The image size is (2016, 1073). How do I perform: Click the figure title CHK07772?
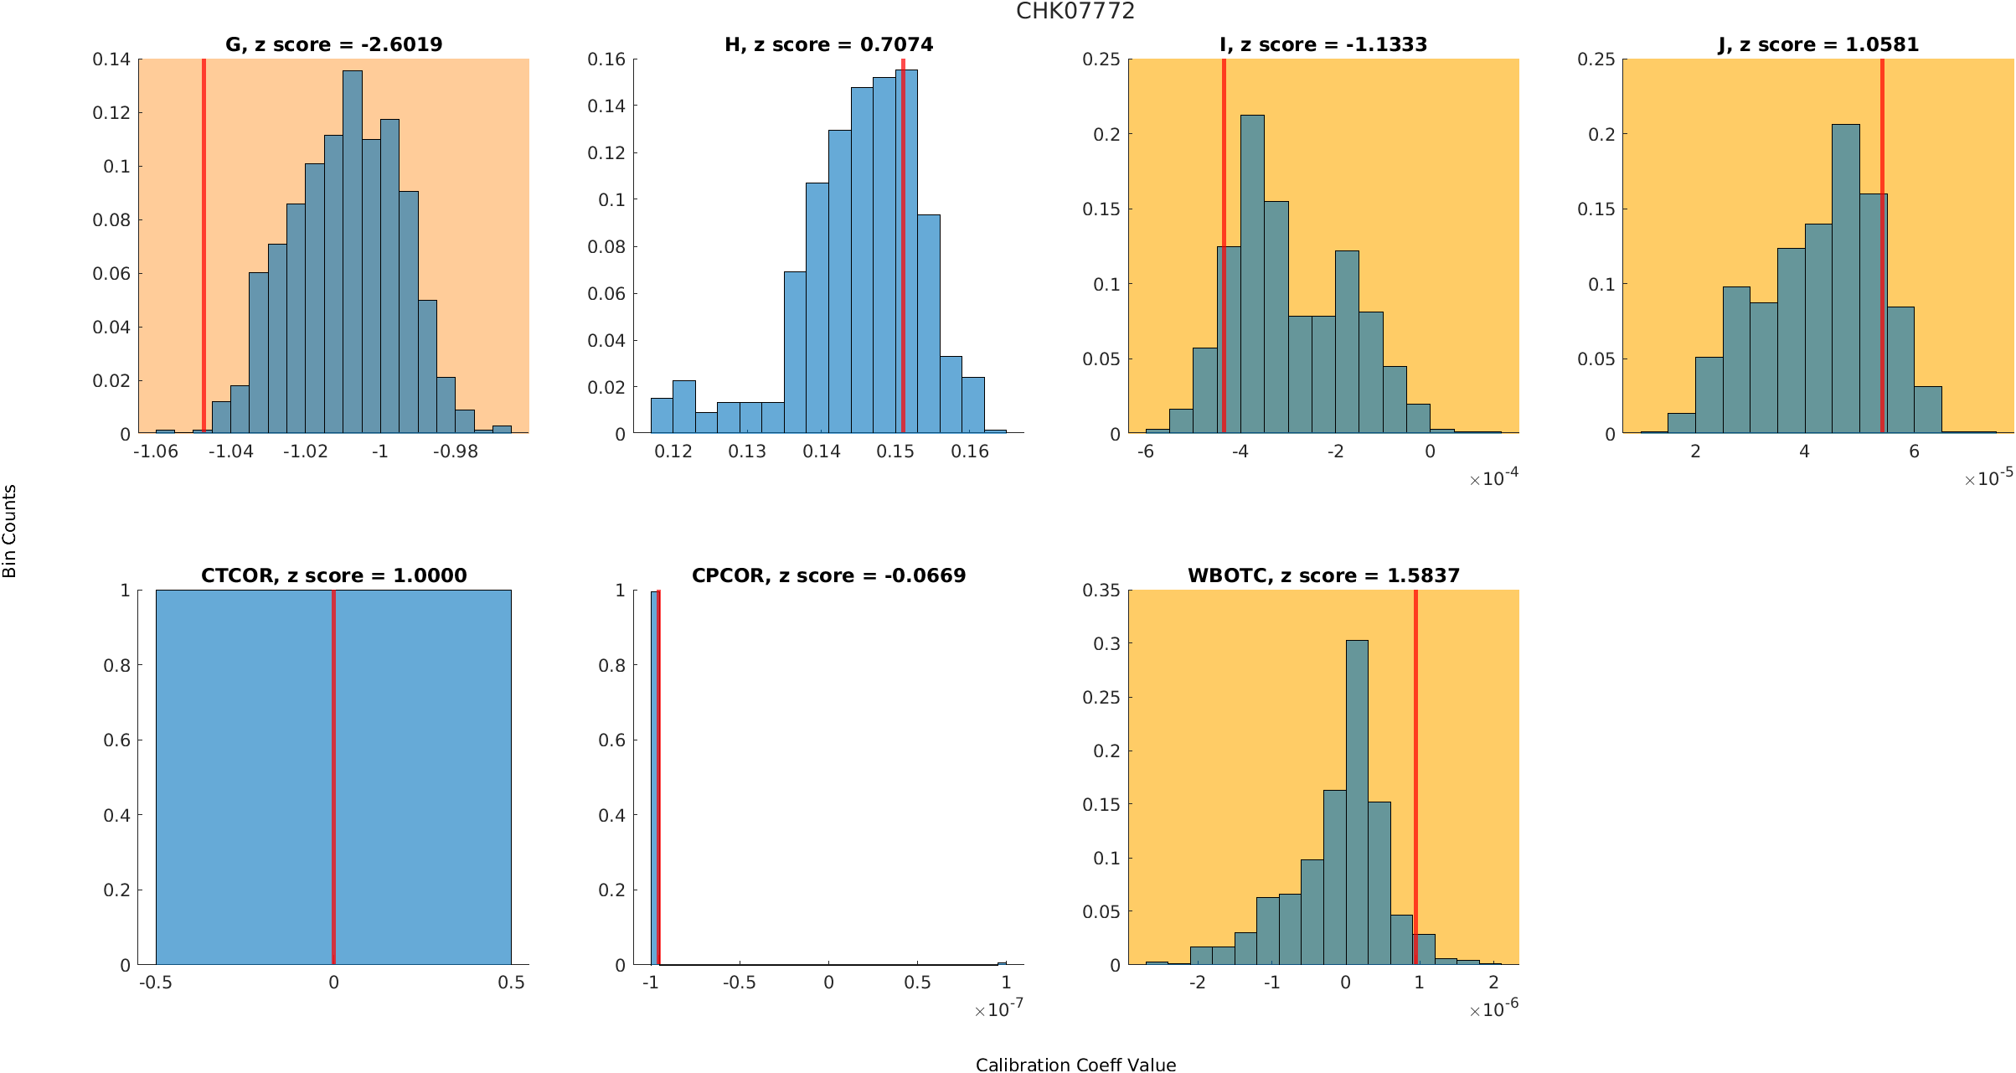point(1075,11)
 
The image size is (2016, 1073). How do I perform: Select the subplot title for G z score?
point(333,44)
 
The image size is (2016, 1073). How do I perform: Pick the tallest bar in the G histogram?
point(353,251)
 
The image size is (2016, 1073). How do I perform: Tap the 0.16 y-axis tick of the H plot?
point(606,59)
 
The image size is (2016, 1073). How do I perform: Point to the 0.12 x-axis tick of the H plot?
point(673,451)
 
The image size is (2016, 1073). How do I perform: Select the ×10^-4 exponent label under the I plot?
point(1493,478)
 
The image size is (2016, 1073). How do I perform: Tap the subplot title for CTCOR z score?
point(333,575)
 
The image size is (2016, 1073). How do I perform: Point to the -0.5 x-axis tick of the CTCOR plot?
point(156,983)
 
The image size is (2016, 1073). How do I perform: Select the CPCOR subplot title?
point(828,575)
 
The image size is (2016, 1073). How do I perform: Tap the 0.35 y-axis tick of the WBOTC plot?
point(1101,591)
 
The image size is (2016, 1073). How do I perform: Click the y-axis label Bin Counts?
point(10,531)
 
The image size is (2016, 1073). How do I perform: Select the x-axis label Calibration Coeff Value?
point(1075,1064)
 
